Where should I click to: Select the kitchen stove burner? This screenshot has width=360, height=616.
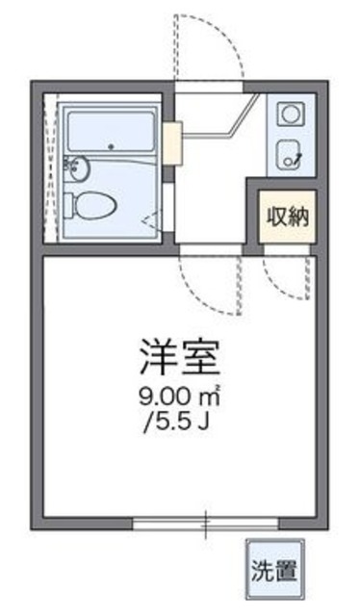click(x=290, y=115)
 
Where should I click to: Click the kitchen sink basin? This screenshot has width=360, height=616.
click(x=289, y=151)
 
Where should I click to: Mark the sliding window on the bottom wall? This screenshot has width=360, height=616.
click(x=206, y=524)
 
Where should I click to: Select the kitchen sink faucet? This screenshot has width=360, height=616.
click(x=299, y=156)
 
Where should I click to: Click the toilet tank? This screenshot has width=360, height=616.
click(x=73, y=203)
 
